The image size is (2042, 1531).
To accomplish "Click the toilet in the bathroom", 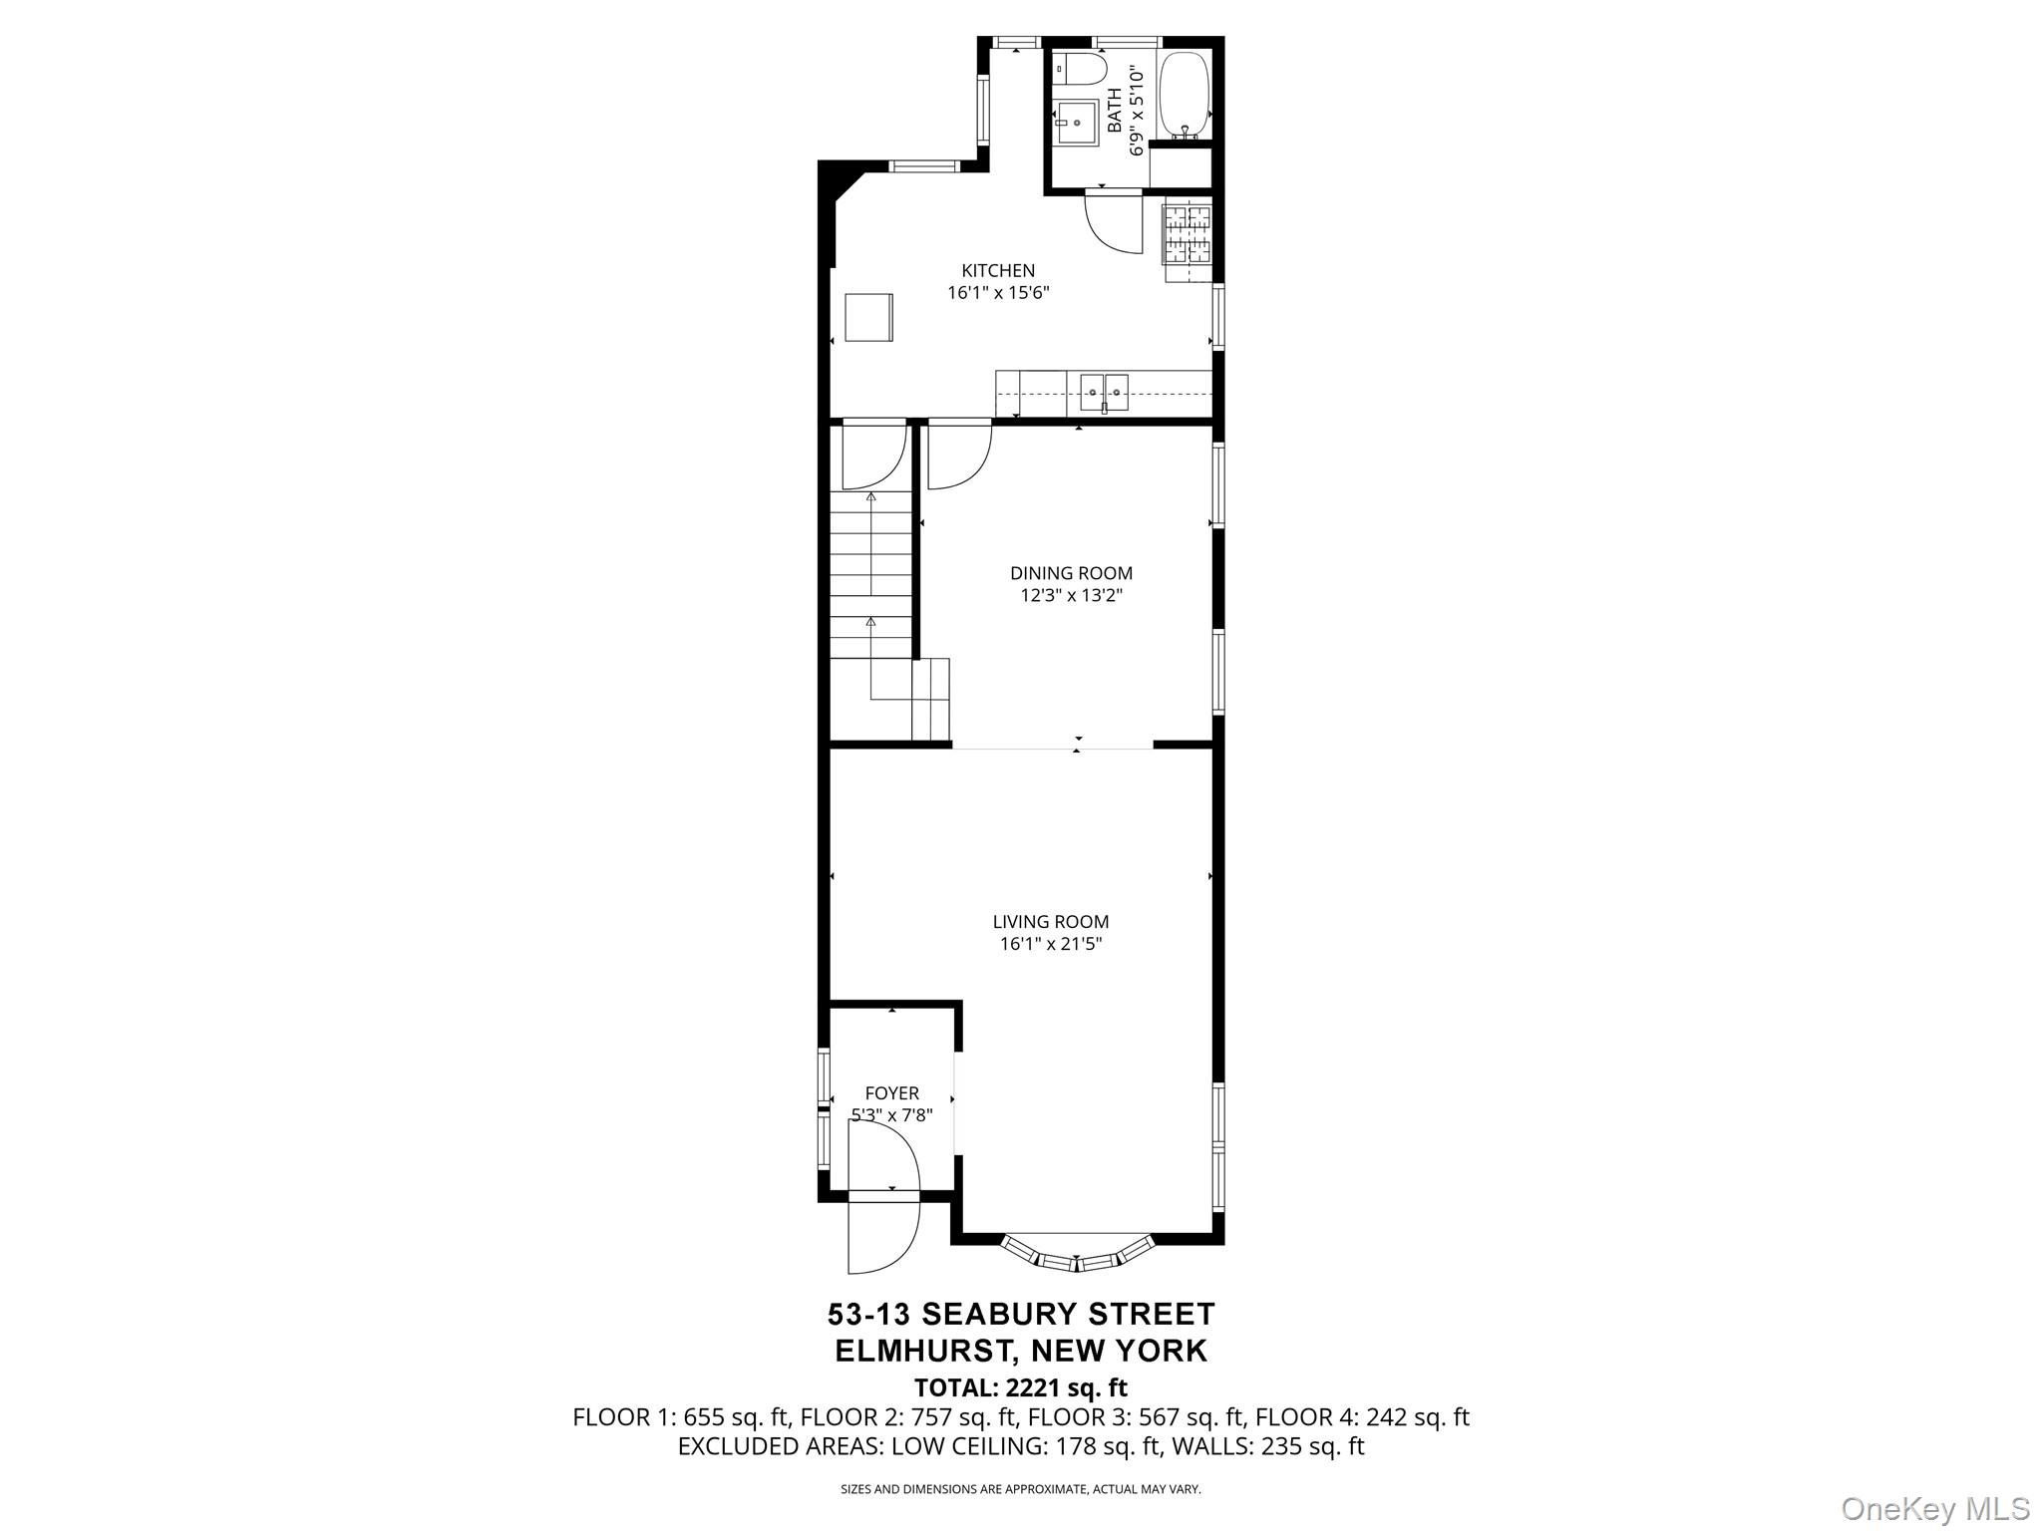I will click(x=1084, y=69).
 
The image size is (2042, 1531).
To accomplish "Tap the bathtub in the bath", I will click(x=1186, y=95).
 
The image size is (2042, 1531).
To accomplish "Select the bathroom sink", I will click(x=1077, y=123).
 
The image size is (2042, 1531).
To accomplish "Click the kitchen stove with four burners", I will click(x=1187, y=234).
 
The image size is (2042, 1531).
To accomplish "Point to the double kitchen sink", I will click(x=1105, y=392).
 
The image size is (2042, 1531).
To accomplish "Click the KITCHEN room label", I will click(x=998, y=270).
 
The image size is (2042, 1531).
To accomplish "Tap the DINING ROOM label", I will click(x=1071, y=573).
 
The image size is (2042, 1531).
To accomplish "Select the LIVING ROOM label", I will click(x=1050, y=922).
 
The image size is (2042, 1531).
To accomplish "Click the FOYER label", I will click(x=891, y=1093).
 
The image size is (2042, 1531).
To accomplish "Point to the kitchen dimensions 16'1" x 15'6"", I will click(x=998, y=293).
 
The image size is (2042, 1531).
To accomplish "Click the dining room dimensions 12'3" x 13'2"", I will click(x=1071, y=596).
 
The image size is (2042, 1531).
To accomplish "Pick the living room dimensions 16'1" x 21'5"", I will click(x=1050, y=945).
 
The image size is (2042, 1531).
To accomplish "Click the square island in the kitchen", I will click(x=868, y=317).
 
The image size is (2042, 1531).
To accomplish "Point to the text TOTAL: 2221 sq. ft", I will click(x=1020, y=1387).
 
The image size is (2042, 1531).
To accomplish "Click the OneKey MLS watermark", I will click(x=1934, y=1508).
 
